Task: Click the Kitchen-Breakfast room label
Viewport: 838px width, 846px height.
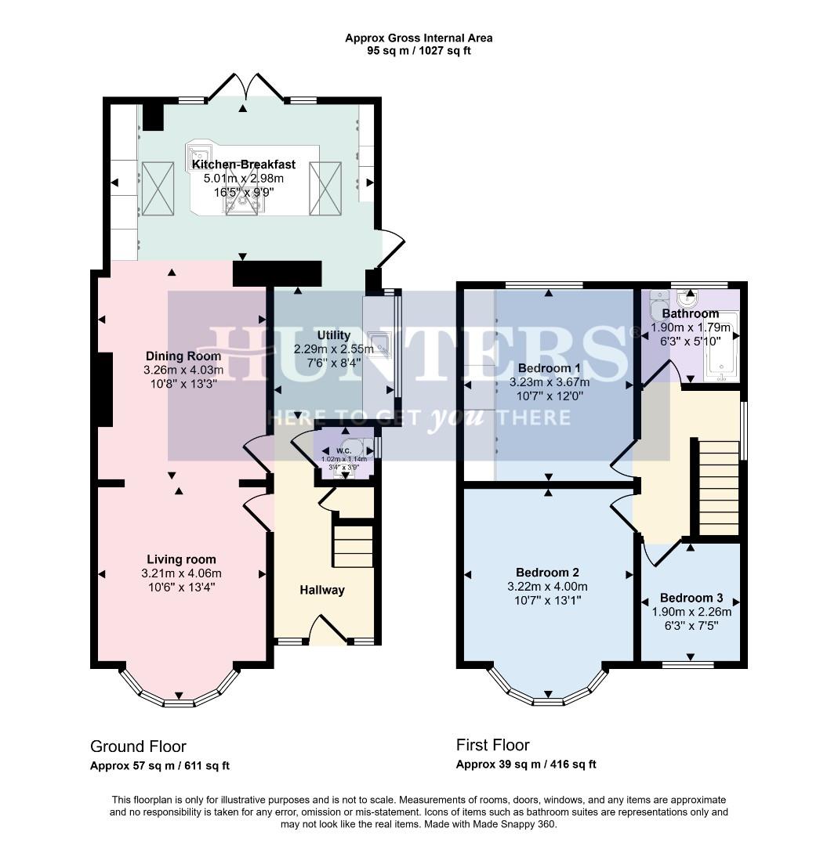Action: point(244,164)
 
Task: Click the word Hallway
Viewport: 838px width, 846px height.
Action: point(322,590)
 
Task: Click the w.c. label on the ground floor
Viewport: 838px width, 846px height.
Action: point(343,450)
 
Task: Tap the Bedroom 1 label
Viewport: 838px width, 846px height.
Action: point(549,368)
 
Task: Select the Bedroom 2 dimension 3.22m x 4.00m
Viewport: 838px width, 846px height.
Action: point(548,587)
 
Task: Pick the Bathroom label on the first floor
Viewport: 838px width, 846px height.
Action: point(690,313)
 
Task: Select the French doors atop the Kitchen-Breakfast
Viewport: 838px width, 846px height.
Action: point(243,89)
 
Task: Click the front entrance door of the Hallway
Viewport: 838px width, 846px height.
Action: point(329,629)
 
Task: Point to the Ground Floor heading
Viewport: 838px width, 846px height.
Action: point(138,746)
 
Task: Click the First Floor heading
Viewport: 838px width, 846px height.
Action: point(493,745)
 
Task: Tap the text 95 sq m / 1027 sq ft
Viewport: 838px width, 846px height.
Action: point(419,51)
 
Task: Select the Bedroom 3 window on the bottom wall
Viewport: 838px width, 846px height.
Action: point(688,665)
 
